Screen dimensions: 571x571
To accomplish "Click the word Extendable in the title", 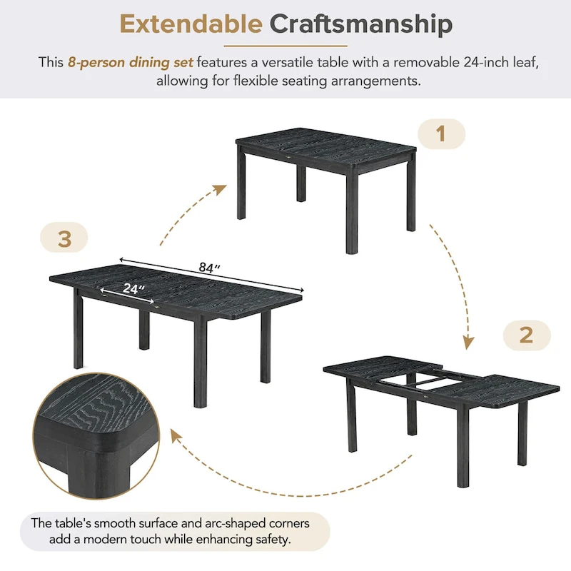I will coord(191,24).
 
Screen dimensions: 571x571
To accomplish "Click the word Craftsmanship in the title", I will coord(361,24).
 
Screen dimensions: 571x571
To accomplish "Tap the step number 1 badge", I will coord(440,133).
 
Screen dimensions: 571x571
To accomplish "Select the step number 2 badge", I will coord(526,335).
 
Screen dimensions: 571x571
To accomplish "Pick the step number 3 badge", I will coord(64,238).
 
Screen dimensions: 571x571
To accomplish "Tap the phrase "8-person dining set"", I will coord(131,62).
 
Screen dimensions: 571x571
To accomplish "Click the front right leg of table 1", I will coord(351,214).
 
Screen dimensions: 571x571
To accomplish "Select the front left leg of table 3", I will coord(79,332).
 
